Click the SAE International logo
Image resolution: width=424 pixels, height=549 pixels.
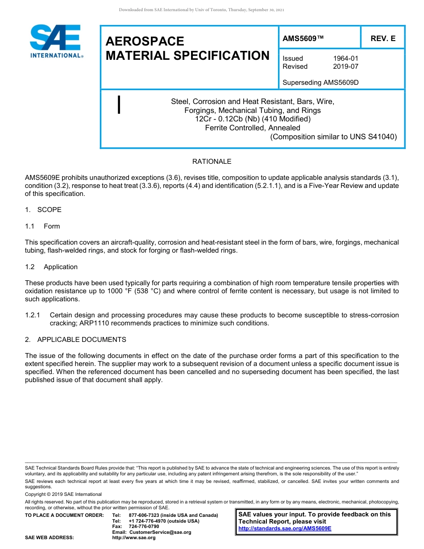(56, 42)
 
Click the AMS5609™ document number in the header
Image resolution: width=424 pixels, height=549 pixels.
(303, 39)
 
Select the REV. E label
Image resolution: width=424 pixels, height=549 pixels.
(383, 39)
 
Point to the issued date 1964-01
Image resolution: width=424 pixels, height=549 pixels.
(345, 58)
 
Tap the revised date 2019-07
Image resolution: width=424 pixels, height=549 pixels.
(345, 67)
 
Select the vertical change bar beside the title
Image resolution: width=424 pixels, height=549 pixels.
(119, 105)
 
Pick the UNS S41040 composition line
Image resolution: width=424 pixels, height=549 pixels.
(333, 137)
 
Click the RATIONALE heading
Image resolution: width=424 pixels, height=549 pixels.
(212, 162)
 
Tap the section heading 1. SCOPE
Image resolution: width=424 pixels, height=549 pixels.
(43, 210)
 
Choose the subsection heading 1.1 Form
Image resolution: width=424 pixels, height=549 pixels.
(42, 226)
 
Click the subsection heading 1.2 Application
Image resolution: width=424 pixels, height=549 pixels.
(51, 267)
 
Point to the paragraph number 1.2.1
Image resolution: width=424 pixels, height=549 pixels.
(33, 315)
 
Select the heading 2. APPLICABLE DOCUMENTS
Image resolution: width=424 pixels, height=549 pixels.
(75, 340)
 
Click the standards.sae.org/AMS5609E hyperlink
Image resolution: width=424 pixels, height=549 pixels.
(285, 528)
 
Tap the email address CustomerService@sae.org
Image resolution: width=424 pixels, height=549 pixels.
(160, 532)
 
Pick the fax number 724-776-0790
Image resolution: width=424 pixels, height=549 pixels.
(144, 526)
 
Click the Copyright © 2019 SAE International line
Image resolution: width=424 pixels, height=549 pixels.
(63, 494)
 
